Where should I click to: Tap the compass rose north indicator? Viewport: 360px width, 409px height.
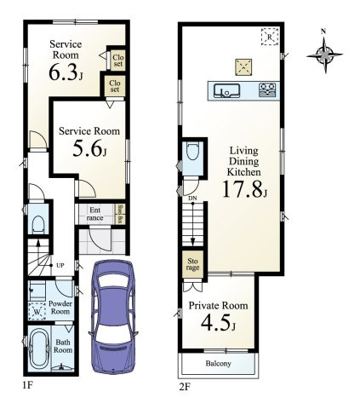pyautogui.click(x=323, y=55)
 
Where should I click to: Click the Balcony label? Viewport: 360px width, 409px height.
pyautogui.click(x=219, y=364)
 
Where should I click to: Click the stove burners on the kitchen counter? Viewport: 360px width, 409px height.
pyautogui.click(x=266, y=88)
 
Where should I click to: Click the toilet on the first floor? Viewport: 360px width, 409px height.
pyautogui.click(x=37, y=223)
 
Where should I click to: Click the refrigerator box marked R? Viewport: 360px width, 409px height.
pyautogui.click(x=269, y=39)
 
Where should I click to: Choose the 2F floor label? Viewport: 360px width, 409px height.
pyautogui.click(x=184, y=386)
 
